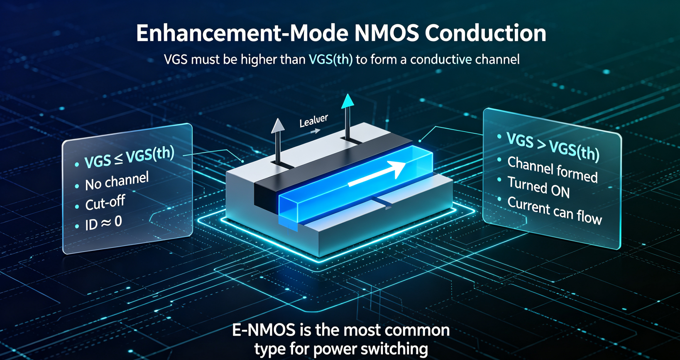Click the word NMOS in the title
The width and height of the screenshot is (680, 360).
[386, 33]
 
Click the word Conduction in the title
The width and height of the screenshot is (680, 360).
[485, 33]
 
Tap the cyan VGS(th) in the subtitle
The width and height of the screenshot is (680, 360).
[330, 59]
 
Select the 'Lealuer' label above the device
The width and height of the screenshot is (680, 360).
[313, 121]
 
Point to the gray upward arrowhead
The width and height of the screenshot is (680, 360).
[278, 126]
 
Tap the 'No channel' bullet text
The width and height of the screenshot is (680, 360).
[117, 181]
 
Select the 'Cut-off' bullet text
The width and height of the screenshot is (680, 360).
[105, 203]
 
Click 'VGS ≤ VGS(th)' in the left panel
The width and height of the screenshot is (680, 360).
[130, 157]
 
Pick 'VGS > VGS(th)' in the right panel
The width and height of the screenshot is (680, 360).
[553, 147]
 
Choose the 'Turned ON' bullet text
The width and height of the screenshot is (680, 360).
[538, 187]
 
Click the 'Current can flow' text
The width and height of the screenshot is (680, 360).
[555, 211]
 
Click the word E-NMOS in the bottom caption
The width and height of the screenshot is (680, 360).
[264, 330]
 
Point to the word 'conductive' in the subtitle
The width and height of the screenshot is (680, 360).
[440, 59]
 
